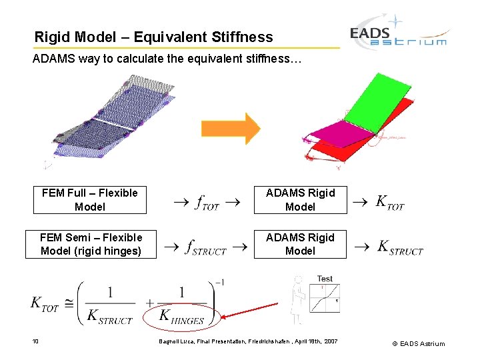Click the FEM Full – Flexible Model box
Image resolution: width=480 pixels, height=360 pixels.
tap(90, 200)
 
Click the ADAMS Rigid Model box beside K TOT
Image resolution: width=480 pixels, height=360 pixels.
tap(300, 200)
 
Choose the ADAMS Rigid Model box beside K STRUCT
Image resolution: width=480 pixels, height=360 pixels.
tap(300, 244)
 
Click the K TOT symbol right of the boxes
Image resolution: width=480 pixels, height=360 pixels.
tap(390, 202)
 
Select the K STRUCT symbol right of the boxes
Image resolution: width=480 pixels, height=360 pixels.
tap(400, 247)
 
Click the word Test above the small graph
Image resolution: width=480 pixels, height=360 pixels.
tap(325, 279)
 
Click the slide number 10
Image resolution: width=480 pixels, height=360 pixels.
tap(35, 342)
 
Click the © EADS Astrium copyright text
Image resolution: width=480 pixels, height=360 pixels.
tap(418, 343)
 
